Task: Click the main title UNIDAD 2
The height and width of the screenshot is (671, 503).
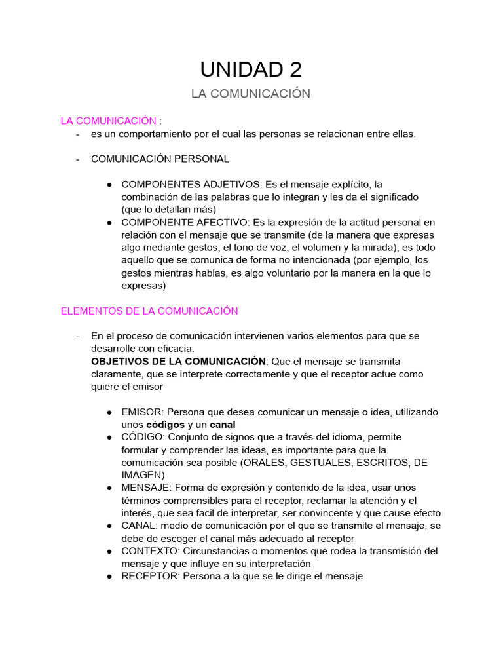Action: click(251, 69)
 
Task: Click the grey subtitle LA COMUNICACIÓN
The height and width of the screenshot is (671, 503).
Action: click(251, 94)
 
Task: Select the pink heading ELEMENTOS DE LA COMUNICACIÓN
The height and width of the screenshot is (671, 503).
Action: click(149, 311)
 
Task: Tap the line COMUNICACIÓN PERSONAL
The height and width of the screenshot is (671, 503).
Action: click(160, 159)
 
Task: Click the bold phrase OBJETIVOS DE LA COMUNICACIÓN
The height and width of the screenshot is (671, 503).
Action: click(178, 362)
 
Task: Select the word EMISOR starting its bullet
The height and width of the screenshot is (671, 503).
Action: click(142, 412)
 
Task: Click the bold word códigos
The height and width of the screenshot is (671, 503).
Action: click(165, 425)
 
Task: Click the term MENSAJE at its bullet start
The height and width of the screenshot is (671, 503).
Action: click(145, 488)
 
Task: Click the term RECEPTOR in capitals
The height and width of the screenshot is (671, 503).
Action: click(151, 577)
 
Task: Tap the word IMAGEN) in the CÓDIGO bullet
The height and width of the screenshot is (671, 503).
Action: click(143, 475)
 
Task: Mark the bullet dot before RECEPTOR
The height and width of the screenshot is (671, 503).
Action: click(109, 577)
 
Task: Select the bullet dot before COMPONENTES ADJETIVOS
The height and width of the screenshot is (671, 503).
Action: click(109, 185)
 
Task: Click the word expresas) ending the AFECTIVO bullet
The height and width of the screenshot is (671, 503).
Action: click(143, 286)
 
